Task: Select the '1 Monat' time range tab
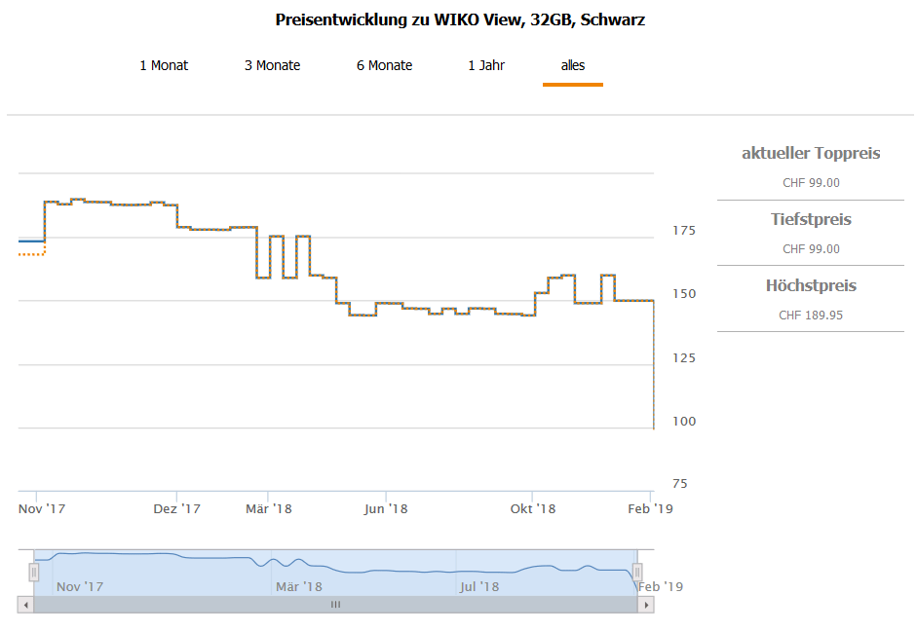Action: point(164,65)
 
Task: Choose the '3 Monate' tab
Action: point(272,65)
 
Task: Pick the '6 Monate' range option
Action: point(384,65)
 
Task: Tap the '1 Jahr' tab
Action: point(486,65)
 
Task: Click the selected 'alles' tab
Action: point(573,65)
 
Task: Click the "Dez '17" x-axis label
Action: point(177,508)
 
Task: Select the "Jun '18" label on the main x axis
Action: point(385,508)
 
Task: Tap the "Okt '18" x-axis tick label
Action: point(532,508)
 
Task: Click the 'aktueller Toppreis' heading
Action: point(811,153)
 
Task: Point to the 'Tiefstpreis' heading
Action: point(811,220)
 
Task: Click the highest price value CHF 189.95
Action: point(811,316)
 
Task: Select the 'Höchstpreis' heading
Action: point(811,286)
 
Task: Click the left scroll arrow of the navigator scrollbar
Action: point(25,605)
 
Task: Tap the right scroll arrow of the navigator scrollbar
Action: point(645,605)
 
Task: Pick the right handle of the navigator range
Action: point(637,572)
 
